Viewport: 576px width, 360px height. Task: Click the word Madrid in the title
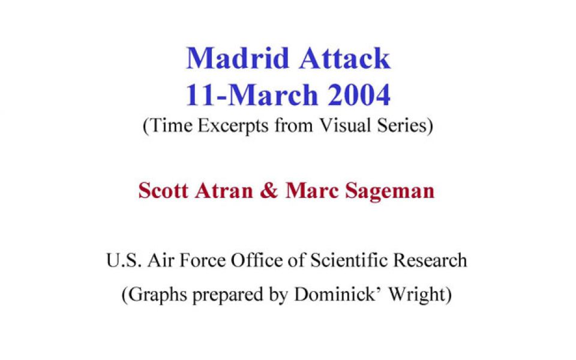point(238,58)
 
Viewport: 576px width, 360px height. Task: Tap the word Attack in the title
point(344,58)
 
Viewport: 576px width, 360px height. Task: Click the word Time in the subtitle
point(171,125)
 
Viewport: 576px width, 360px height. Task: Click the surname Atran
point(224,191)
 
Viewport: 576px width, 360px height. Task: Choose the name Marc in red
point(311,191)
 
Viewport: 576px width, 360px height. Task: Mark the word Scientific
point(349,260)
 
